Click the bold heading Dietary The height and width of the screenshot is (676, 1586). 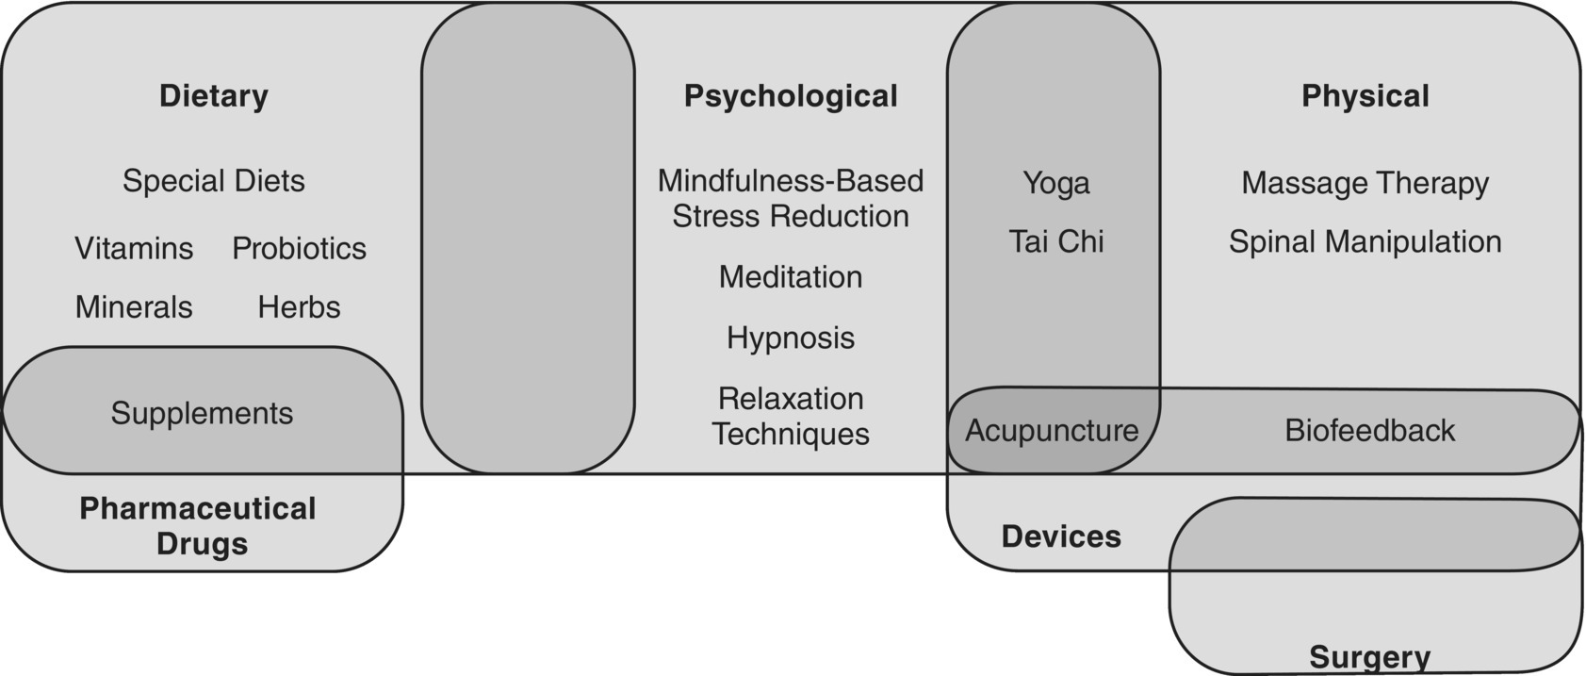click(x=214, y=95)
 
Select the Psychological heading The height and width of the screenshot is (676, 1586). click(x=791, y=95)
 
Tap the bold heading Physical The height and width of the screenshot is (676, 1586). click(x=1365, y=95)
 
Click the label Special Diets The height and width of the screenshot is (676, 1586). click(x=214, y=180)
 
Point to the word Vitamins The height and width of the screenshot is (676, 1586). click(x=134, y=248)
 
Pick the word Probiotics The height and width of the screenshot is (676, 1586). click(x=299, y=248)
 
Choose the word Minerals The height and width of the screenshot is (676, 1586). click(x=134, y=306)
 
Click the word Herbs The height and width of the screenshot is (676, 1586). click(x=299, y=306)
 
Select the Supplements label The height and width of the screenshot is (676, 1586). click(x=202, y=413)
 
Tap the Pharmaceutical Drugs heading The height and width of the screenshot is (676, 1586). click(x=198, y=525)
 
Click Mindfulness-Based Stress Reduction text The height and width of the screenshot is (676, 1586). click(x=791, y=198)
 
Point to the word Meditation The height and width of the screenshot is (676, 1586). click(x=791, y=276)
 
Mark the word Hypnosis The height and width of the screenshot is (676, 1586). click(x=791, y=338)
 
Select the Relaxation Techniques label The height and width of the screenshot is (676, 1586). click(x=791, y=416)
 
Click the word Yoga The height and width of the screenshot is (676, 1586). click(x=1055, y=183)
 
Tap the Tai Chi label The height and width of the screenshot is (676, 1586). click(x=1055, y=241)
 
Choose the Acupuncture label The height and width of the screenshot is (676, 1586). click(x=1052, y=430)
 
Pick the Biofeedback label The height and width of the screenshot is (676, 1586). click(x=1369, y=430)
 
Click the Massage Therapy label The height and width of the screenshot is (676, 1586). click(x=1365, y=183)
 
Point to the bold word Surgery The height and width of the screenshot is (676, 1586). click(x=1369, y=657)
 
